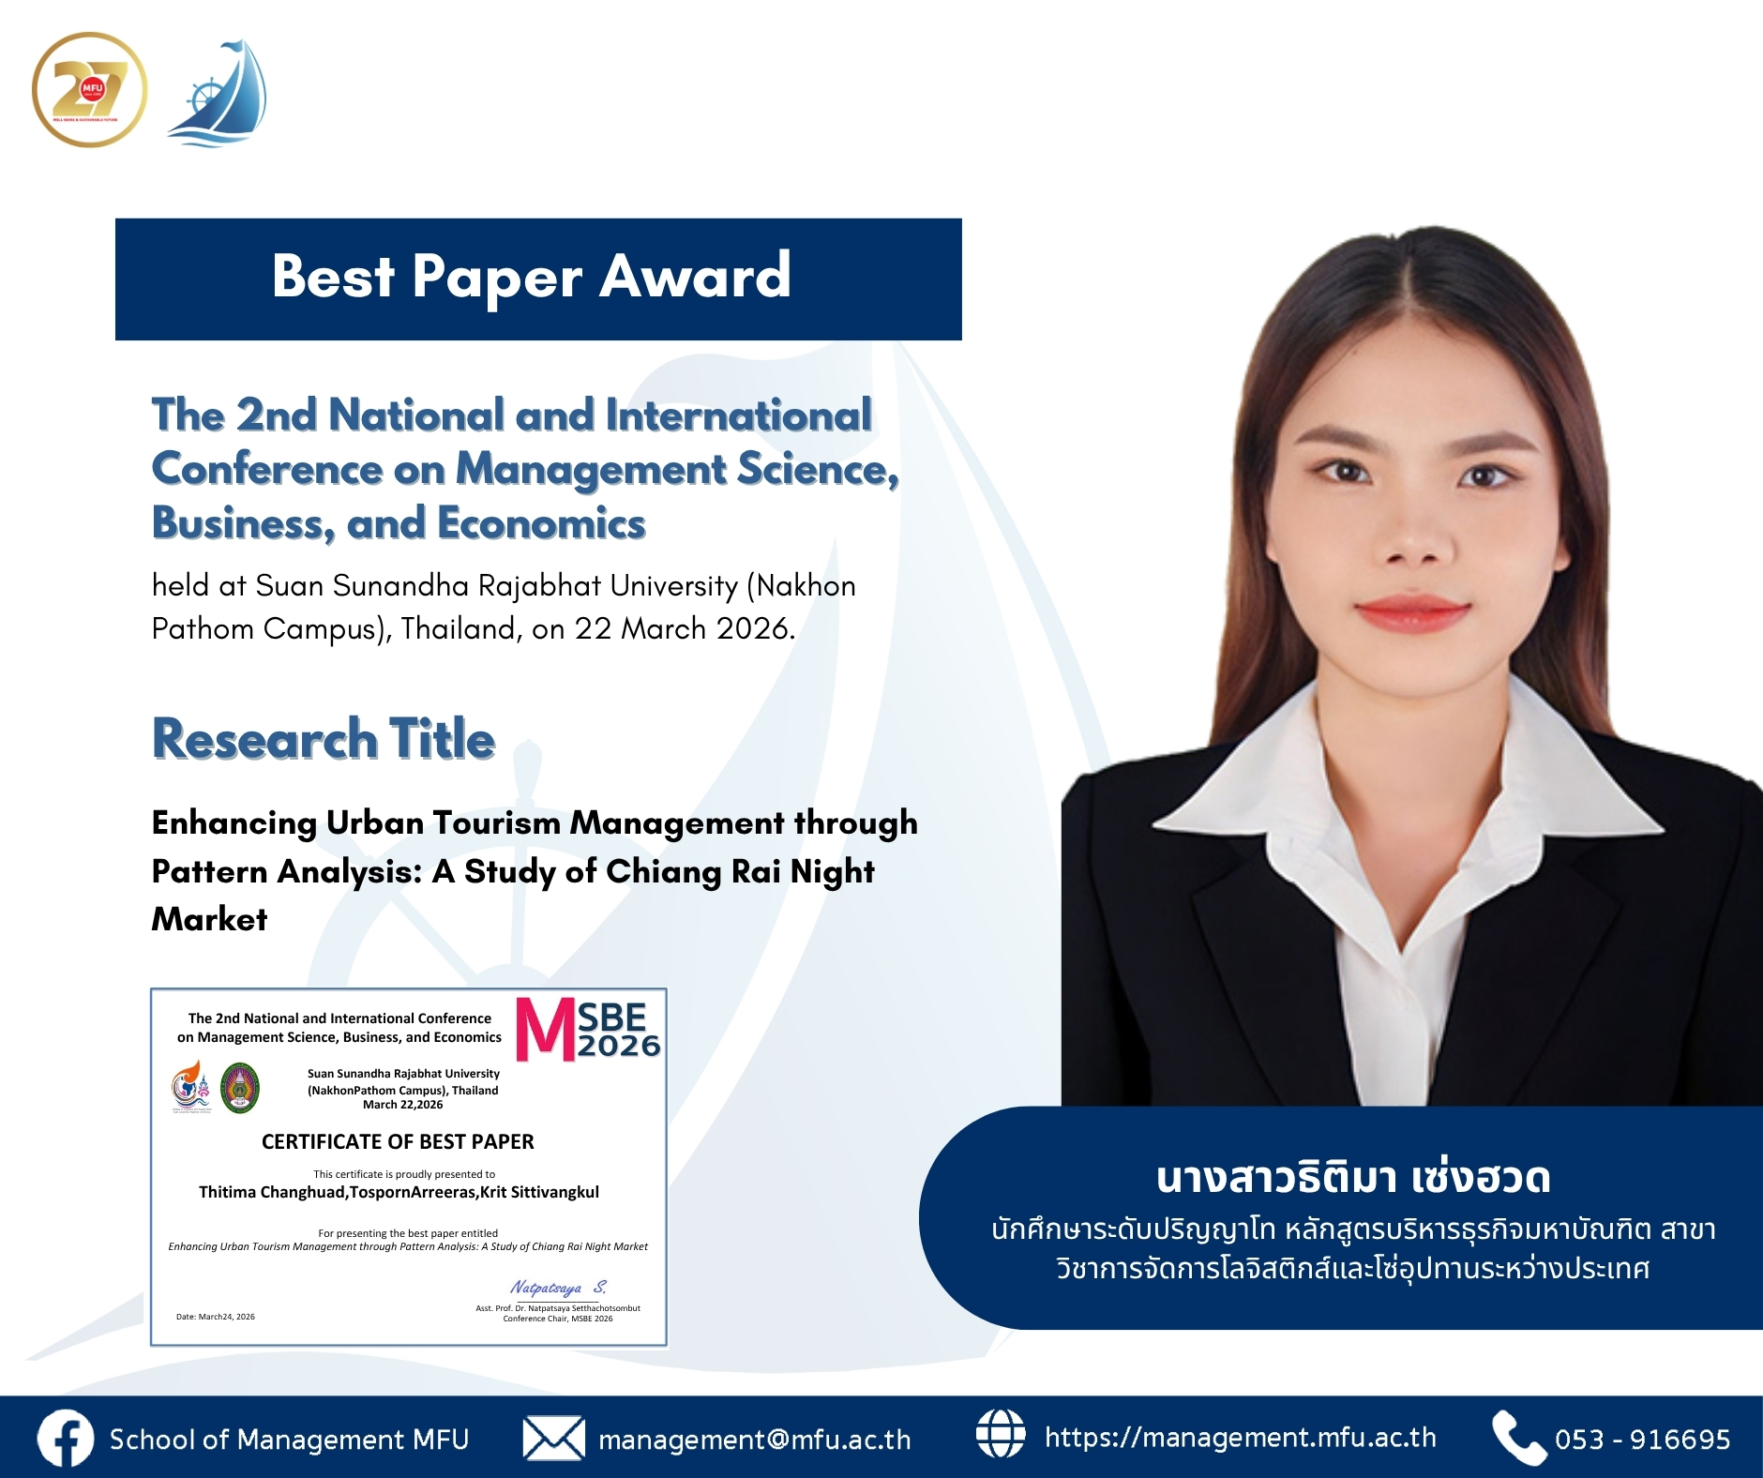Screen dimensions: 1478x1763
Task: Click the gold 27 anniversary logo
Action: [89, 90]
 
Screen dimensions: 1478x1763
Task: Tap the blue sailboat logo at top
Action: [219, 94]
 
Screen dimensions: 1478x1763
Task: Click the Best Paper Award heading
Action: [532, 277]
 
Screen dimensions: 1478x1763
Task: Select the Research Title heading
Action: [324, 739]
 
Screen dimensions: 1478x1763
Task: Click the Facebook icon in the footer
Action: [65, 1439]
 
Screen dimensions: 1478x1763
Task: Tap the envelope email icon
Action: [553, 1439]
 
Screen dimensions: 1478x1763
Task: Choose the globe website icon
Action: [1001, 1435]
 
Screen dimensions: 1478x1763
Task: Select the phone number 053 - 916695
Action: [1642, 1440]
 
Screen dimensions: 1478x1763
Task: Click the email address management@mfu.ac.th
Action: [755, 1440]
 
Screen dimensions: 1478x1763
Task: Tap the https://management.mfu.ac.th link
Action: [1240, 1438]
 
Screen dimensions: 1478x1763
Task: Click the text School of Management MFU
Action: [289, 1440]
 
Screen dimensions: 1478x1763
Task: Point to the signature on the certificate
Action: [558, 1288]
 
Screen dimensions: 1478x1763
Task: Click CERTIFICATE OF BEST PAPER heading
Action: [398, 1141]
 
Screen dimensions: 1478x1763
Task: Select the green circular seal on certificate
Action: [240, 1088]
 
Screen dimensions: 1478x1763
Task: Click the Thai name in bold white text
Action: [1353, 1178]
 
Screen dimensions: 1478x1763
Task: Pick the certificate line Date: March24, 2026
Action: [216, 1317]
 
